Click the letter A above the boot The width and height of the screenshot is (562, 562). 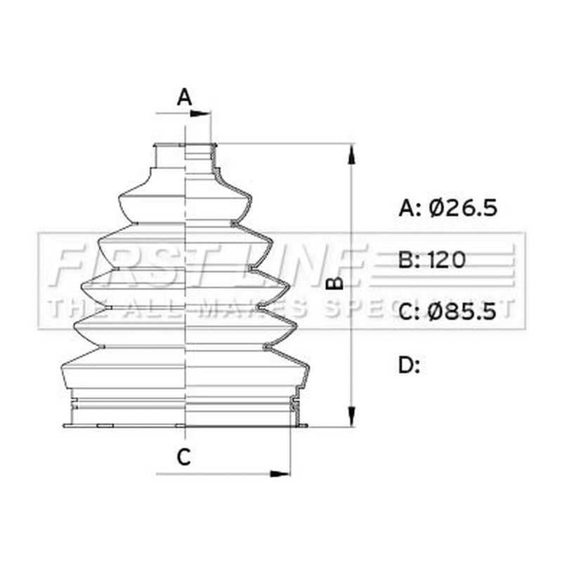coord(184,97)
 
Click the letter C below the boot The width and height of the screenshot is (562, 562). coord(184,457)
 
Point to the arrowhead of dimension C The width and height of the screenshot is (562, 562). coord(280,473)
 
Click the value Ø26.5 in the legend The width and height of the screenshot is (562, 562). coord(463,207)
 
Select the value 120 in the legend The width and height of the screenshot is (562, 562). coord(447,260)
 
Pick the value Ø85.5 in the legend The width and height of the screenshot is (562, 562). coord(462,311)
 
